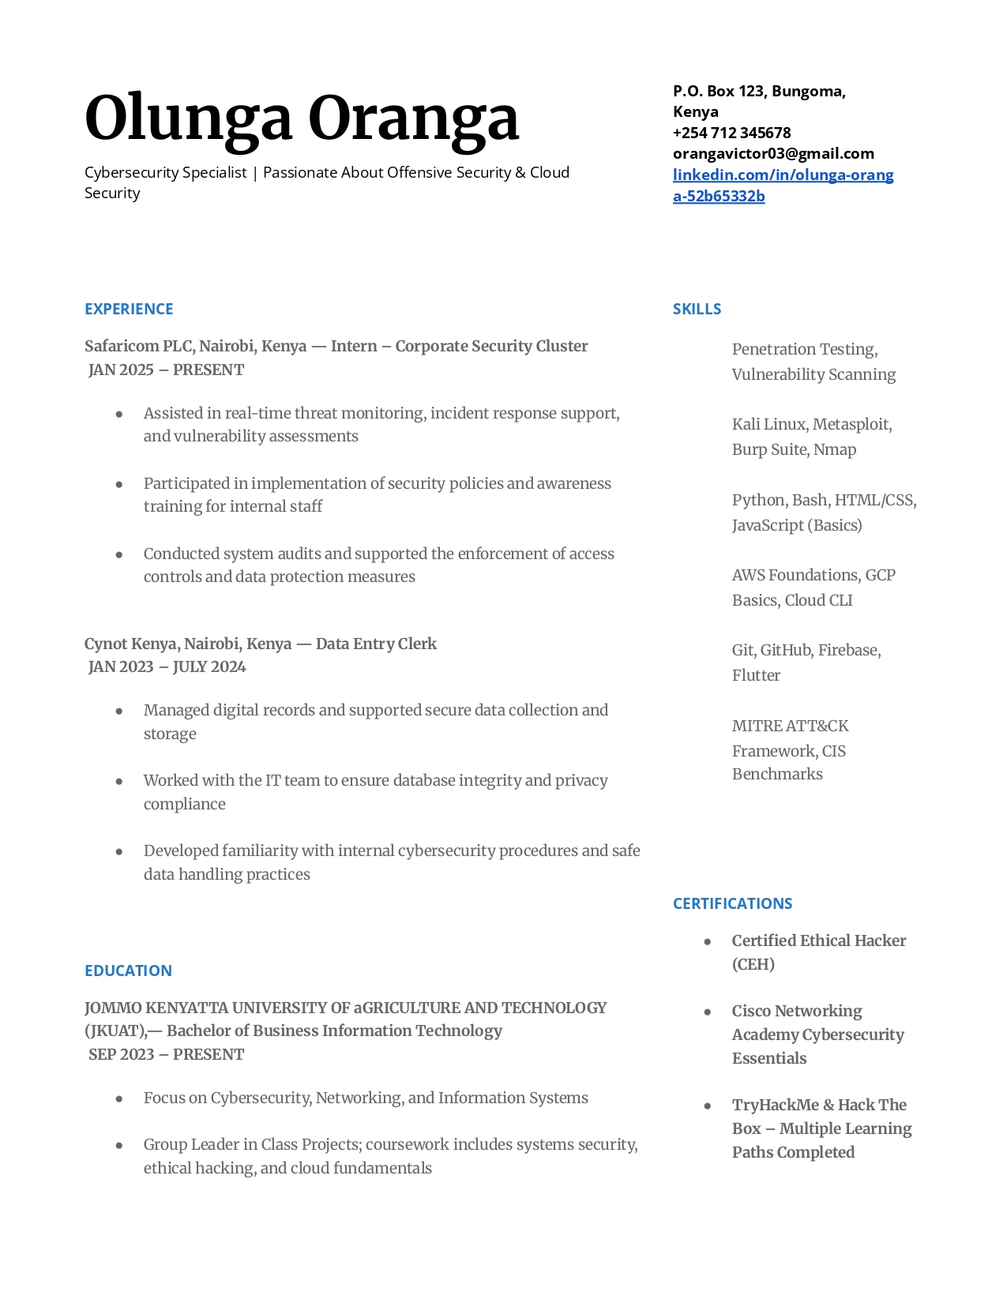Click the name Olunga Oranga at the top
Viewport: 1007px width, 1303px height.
click(x=302, y=118)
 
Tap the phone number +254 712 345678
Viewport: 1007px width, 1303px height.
click(x=731, y=133)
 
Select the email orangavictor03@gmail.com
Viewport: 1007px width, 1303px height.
click(x=773, y=153)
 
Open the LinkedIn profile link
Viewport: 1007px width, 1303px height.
click(x=783, y=185)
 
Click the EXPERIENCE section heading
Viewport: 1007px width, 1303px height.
click(x=129, y=309)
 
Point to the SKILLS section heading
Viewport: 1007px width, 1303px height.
click(x=697, y=309)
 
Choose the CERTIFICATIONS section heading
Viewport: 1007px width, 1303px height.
click(x=732, y=903)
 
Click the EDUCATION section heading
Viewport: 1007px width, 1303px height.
click(x=128, y=971)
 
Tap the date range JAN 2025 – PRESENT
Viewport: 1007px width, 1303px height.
click(x=166, y=370)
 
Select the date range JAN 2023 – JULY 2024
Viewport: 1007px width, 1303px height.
click(x=167, y=667)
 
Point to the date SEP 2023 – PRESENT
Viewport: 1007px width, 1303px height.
click(x=166, y=1054)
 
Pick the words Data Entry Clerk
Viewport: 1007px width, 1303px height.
click(x=376, y=644)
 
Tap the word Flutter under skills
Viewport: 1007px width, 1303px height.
click(x=756, y=675)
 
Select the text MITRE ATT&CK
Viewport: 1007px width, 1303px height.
click(x=790, y=726)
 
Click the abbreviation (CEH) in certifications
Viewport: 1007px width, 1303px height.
click(x=753, y=964)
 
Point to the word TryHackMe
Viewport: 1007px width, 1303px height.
click(x=775, y=1105)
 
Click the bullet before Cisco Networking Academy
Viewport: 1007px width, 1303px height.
click(x=708, y=1012)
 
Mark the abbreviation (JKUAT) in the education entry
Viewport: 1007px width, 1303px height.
click(x=115, y=1031)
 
